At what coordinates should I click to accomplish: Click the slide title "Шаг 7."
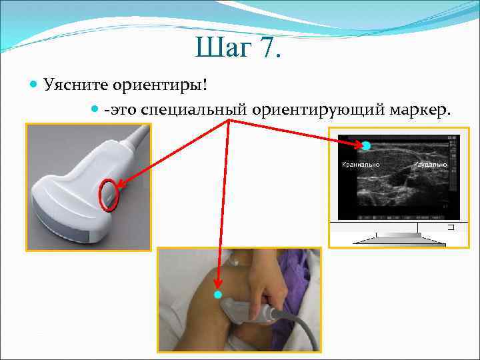(x=239, y=48)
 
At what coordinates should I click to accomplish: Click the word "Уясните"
(x=77, y=85)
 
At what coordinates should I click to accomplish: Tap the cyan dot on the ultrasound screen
(x=366, y=145)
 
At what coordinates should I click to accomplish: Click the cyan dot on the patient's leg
(x=217, y=294)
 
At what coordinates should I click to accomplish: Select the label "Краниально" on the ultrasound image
(x=361, y=164)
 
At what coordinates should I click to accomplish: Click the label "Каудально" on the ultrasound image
(x=431, y=164)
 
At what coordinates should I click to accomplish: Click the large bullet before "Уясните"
(x=35, y=85)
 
